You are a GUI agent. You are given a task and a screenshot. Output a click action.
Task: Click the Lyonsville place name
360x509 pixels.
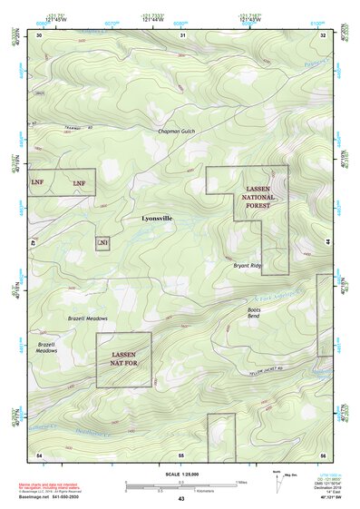[157, 219]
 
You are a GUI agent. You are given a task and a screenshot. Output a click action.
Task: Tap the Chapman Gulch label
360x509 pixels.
[175, 132]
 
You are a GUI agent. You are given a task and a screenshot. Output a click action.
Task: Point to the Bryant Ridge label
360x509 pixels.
[248, 266]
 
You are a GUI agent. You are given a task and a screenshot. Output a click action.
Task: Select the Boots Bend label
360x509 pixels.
[254, 313]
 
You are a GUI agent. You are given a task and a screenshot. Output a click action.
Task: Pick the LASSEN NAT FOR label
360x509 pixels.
[123, 359]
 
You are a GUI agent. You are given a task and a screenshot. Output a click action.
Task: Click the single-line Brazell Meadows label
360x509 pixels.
[88, 319]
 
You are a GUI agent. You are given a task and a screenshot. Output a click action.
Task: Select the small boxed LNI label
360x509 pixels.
[102, 243]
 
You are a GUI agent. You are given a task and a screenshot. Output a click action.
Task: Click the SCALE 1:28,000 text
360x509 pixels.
[181, 474]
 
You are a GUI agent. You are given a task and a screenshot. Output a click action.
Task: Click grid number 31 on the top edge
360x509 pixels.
[182, 34]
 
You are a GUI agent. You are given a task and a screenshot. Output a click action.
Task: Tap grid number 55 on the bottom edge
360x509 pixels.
[180, 454]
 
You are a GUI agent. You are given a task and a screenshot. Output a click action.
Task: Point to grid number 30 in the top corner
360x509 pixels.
[38, 34]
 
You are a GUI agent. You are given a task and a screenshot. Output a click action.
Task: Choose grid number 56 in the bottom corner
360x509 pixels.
[322, 454]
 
